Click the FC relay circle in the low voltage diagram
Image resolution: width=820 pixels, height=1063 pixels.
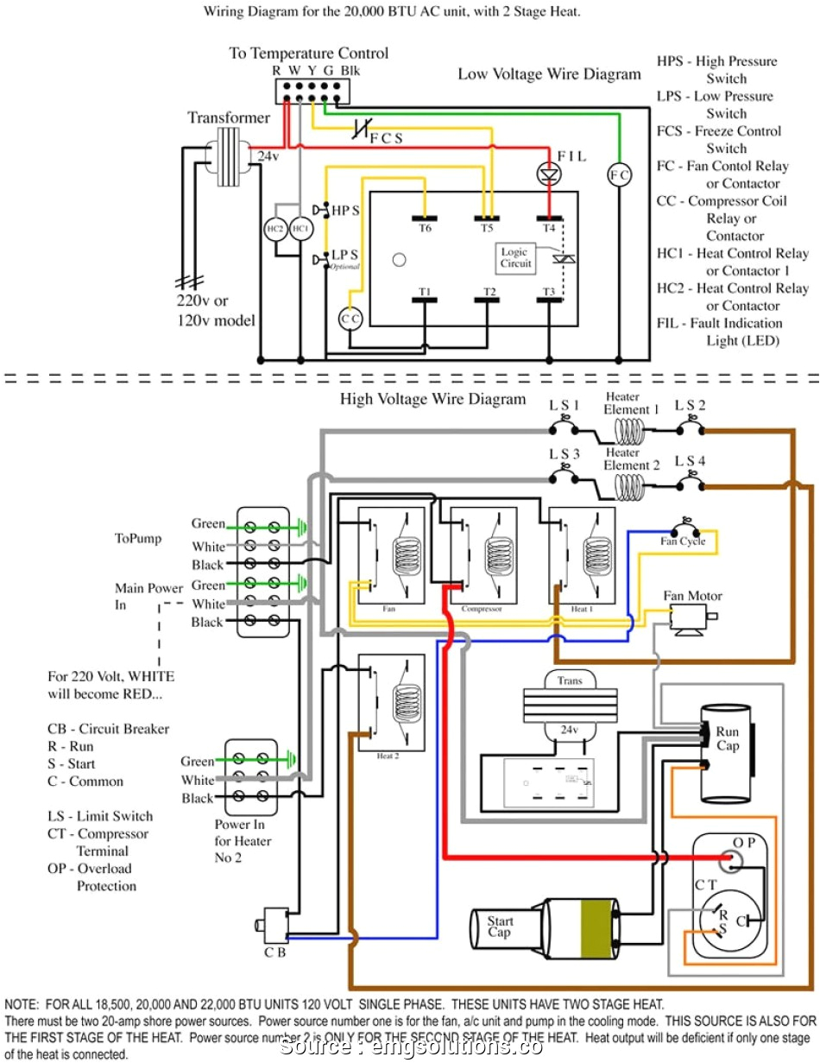[x=619, y=175]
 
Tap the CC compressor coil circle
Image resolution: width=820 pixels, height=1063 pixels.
[x=350, y=318]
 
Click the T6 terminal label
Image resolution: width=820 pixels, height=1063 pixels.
[x=425, y=228]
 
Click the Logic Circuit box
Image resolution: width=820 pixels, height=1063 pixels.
[x=514, y=257]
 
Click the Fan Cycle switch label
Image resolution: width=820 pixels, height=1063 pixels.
[x=683, y=541]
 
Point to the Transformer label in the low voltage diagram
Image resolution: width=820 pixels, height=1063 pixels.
[x=229, y=117]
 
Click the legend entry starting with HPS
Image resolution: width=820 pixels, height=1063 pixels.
[x=716, y=70]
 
